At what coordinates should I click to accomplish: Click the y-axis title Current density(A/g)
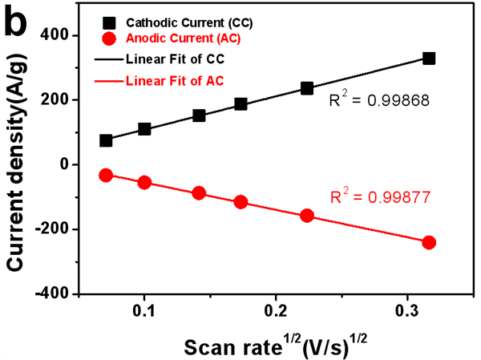pyautogui.click(x=18, y=165)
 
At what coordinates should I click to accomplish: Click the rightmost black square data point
pyautogui.click(x=429, y=59)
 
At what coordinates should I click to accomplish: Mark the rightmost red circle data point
pyautogui.click(x=429, y=242)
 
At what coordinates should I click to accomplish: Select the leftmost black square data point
pyautogui.click(x=106, y=140)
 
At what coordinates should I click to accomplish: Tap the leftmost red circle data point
pyautogui.click(x=106, y=175)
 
